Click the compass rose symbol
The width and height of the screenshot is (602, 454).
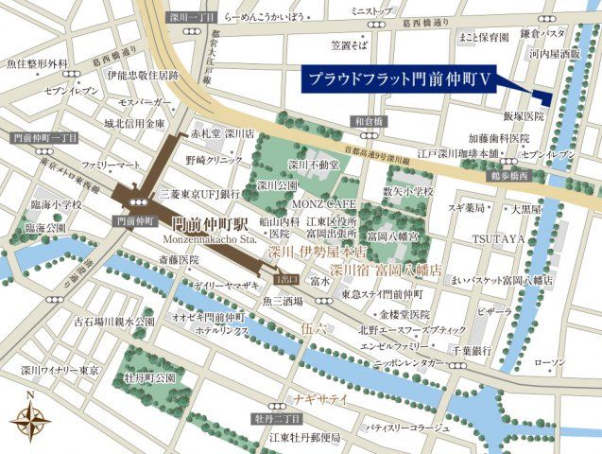32,417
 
